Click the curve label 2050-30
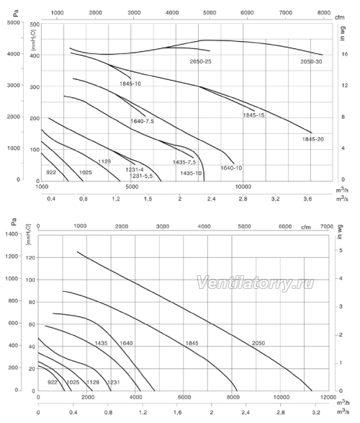click(311, 62)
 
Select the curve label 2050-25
click(200, 61)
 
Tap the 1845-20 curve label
click(313, 139)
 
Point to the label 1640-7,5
click(143, 121)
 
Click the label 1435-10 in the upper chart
click(191, 173)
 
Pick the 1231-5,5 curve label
click(141, 176)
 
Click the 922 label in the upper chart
click(51, 172)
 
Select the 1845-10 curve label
click(130, 84)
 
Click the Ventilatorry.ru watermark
click(255, 283)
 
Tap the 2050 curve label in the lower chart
click(258, 343)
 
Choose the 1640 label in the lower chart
click(126, 343)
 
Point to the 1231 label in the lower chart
click(114, 382)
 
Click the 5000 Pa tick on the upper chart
click(14, 22)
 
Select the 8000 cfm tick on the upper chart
click(323, 13)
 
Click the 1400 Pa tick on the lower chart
click(12, 233)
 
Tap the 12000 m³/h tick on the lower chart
click(328, 397)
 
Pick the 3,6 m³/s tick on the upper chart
click(307, 199)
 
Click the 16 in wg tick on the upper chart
click(345, 54)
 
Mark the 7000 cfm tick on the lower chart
click(327, 226)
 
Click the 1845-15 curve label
click(254, 115)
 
